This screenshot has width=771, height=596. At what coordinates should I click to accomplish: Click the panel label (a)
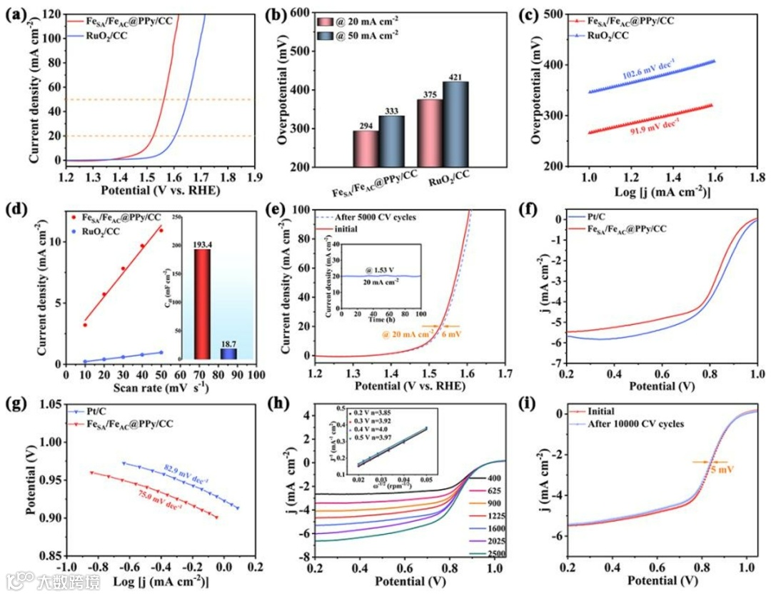[16, 12]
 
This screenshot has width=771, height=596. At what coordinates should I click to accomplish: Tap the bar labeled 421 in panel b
[455, 124]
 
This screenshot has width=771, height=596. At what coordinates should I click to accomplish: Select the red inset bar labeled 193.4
[202, 303]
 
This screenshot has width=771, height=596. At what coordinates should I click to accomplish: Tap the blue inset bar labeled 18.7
[228, 353]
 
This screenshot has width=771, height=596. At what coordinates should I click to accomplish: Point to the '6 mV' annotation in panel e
[451, 334]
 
